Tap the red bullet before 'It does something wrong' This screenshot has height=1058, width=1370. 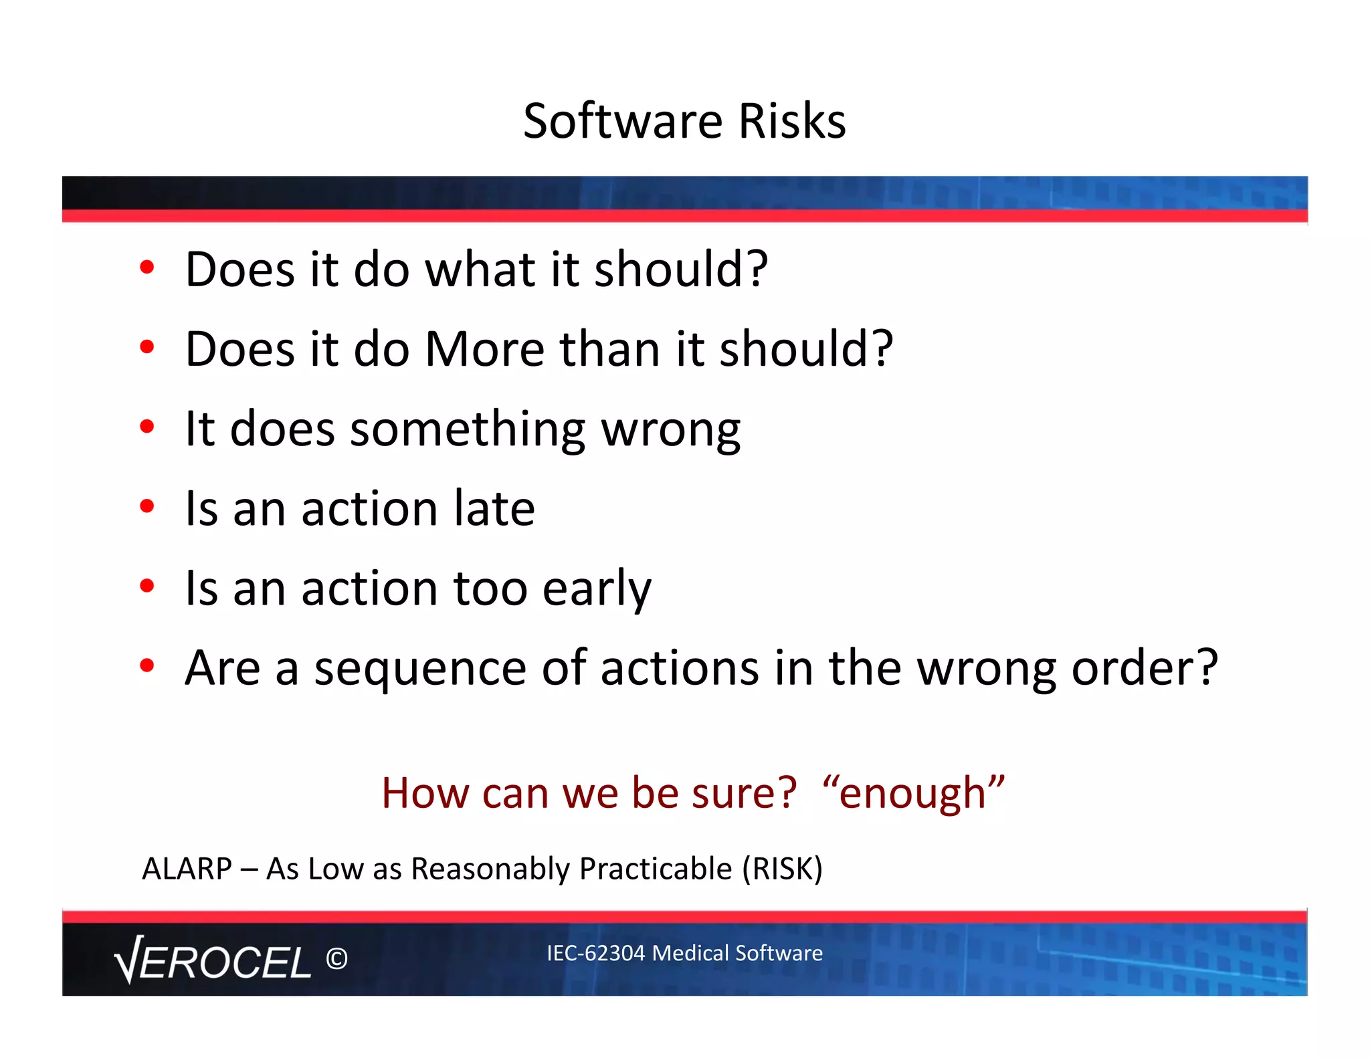coord(147,427)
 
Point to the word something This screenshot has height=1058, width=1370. coord(468,430)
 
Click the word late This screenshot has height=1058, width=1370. coord(494,508)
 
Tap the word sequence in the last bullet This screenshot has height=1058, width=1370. coord(420,669)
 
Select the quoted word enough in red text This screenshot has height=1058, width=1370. coord(913,794)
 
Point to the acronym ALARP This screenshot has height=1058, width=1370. coord(187,869)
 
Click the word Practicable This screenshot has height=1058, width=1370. coord(656,869)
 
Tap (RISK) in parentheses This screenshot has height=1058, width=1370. coord(782,869)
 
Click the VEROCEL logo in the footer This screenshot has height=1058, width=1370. coord(213,960)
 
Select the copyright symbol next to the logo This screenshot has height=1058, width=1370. coord(336,959)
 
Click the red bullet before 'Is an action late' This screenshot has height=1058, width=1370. coord(147,506)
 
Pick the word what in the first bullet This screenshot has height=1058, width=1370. coord(480,270)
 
